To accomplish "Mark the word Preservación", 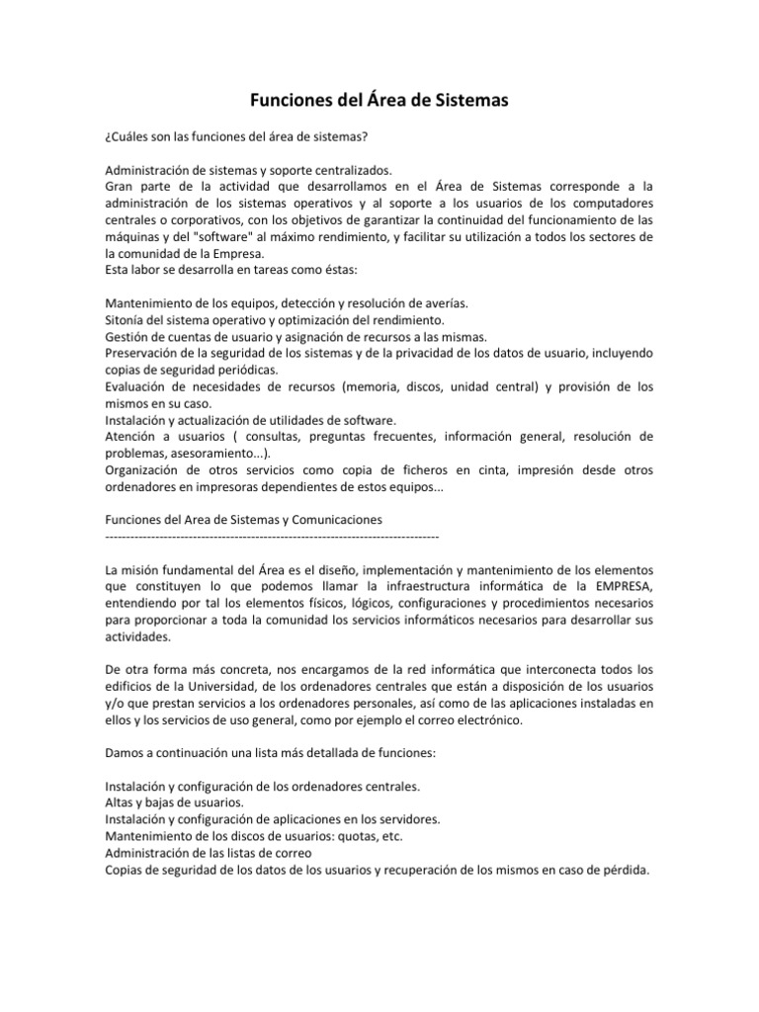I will point(144,353).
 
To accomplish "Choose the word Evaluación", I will point(139,386).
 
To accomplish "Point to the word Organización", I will point(145,470).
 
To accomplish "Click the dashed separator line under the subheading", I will point(271,535).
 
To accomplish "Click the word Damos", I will point(125,753).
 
